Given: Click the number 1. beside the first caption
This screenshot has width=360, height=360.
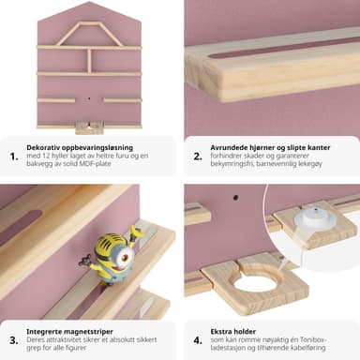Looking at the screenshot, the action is pyautogui.click(x=14, y=157).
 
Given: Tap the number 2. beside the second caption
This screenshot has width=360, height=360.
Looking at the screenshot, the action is pyautogui.click(x=198, y=157).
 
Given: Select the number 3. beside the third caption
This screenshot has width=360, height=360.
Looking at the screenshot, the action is pyautogui.click(x=14, y=340).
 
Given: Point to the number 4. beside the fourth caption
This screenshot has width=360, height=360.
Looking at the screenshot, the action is pyautogui.click(x=198, y=340).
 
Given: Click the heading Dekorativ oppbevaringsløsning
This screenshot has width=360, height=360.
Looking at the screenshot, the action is pyautogui.click(x=80, y=148).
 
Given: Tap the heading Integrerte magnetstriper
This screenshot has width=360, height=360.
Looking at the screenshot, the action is pyautogui.click(x=69, y=331).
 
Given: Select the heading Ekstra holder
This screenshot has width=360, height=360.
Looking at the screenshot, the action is pyautogui.click(x=233, y=331).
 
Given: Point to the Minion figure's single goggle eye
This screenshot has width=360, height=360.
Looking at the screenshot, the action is pyautogui.click(x=126, y=257).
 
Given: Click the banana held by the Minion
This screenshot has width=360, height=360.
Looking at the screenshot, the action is pyautogui.click(x=137, y=232).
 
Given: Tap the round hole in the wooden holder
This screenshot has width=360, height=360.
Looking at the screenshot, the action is pyautogui.click(x=253, y=283).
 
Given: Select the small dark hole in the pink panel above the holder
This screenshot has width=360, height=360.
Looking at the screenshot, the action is pyautogui.click(x=236, y=198).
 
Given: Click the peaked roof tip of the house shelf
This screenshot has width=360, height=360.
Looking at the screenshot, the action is pyautogui.click(x=89, y=2).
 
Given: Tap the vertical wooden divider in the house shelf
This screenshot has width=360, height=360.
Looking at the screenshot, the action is pyautogui.click(x=89, y=61).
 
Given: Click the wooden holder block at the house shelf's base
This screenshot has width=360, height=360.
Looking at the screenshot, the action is pyautogui.click(x=89, y=128).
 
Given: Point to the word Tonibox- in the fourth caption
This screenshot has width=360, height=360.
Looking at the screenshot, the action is pyautogui.click(x=314, y=339).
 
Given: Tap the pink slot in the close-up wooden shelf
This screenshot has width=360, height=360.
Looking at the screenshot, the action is pyautogui.click(x=281, y=49).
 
